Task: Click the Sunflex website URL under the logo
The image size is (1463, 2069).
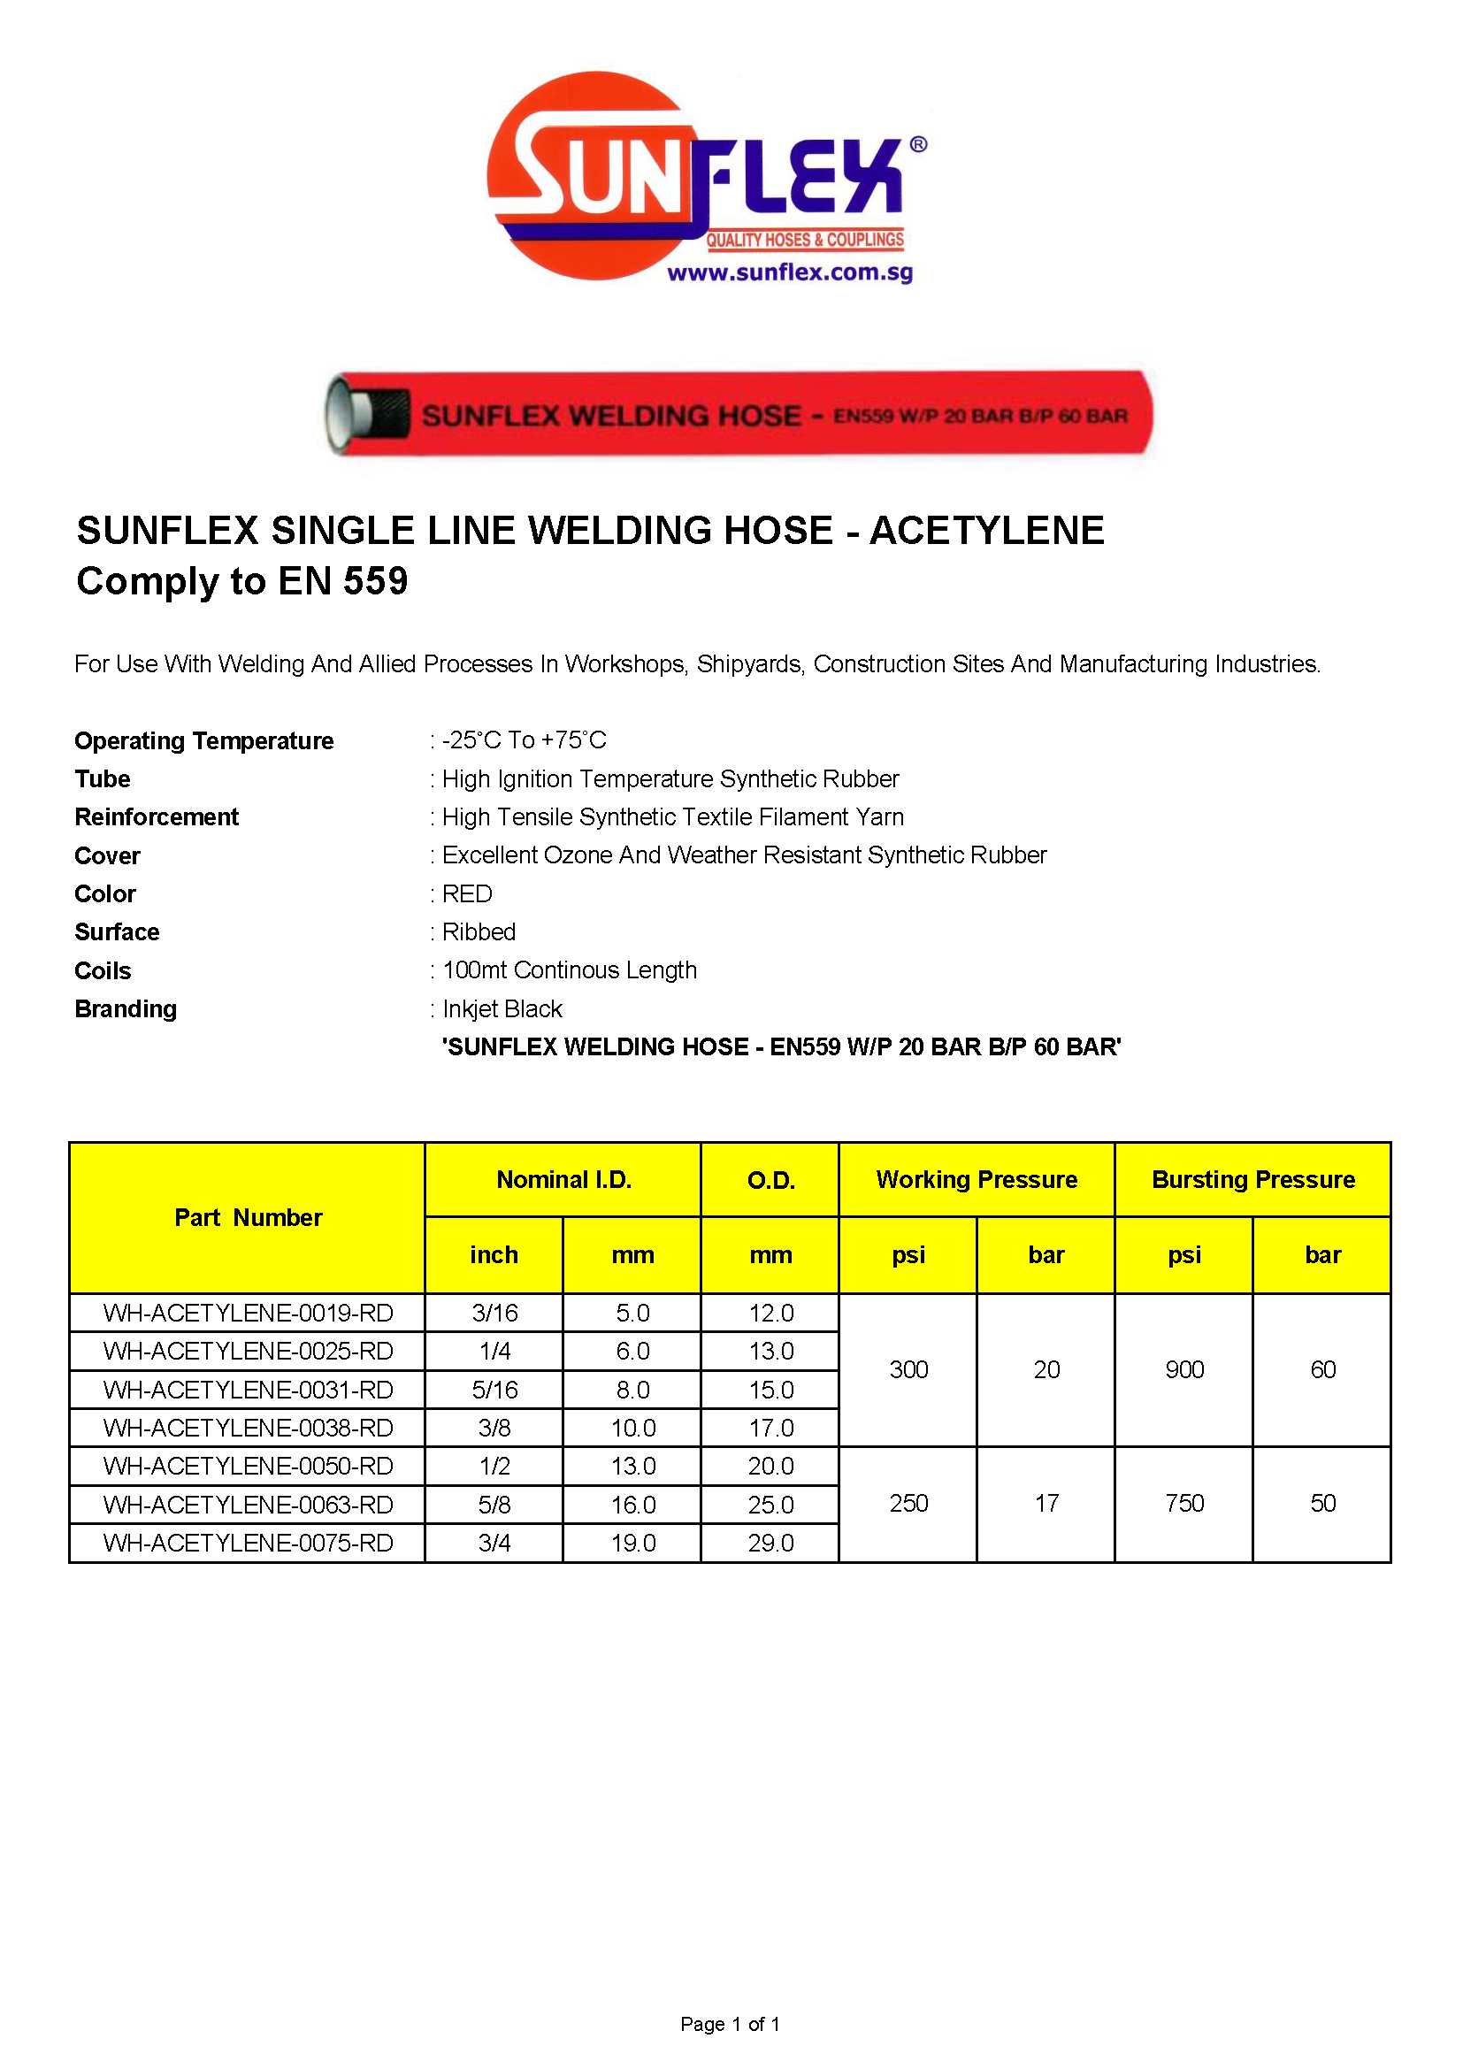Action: pyautogui.click(x=789, y=272)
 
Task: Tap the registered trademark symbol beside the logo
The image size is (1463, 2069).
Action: pyautogui.click(x=918, y=144)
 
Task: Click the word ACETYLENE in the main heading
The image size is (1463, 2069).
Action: pyautogui.click(x=986, y=530)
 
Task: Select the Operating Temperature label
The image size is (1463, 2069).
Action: pyautogui.click(x=203, y=740)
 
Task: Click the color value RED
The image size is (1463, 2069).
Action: pyautogui.click(x=467, y=894)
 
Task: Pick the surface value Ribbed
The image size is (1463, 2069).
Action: pyautogui.click(x=479, y=931)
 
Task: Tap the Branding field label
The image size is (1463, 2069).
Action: pyautogui.click(x=126, y=1008)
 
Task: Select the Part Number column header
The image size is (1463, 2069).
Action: pyautogui.click(x=248, y=1217)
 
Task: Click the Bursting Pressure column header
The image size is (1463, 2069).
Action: pyautogui.click(x=1252, y=1180)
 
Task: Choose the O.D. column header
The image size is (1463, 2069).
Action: pyautogui.click(x=770, y=1181)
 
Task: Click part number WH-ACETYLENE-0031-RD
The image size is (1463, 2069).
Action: pyautogui.click(x=248, y=1390)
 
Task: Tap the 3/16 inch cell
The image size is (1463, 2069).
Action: pyautogui.click(x=494, y=1313)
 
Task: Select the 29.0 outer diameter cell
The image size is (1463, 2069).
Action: pyautogui.click(x=770, y=1543)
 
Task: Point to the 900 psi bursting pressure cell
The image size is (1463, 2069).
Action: pyautogui.click(x=1183, y=1369)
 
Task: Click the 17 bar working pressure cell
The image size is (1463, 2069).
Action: pyautogui.click(x=1046, y=1503)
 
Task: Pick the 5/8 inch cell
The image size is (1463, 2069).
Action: pyautogui.click(x=494, y=1505)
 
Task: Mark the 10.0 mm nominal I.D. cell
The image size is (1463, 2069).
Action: pyautogui.click(x=632, y=1429)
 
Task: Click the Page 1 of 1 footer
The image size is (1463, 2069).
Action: pyautogui.click(x=730, y=2024)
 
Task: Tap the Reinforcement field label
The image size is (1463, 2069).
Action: pyautogui.click(x=156, y=817)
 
